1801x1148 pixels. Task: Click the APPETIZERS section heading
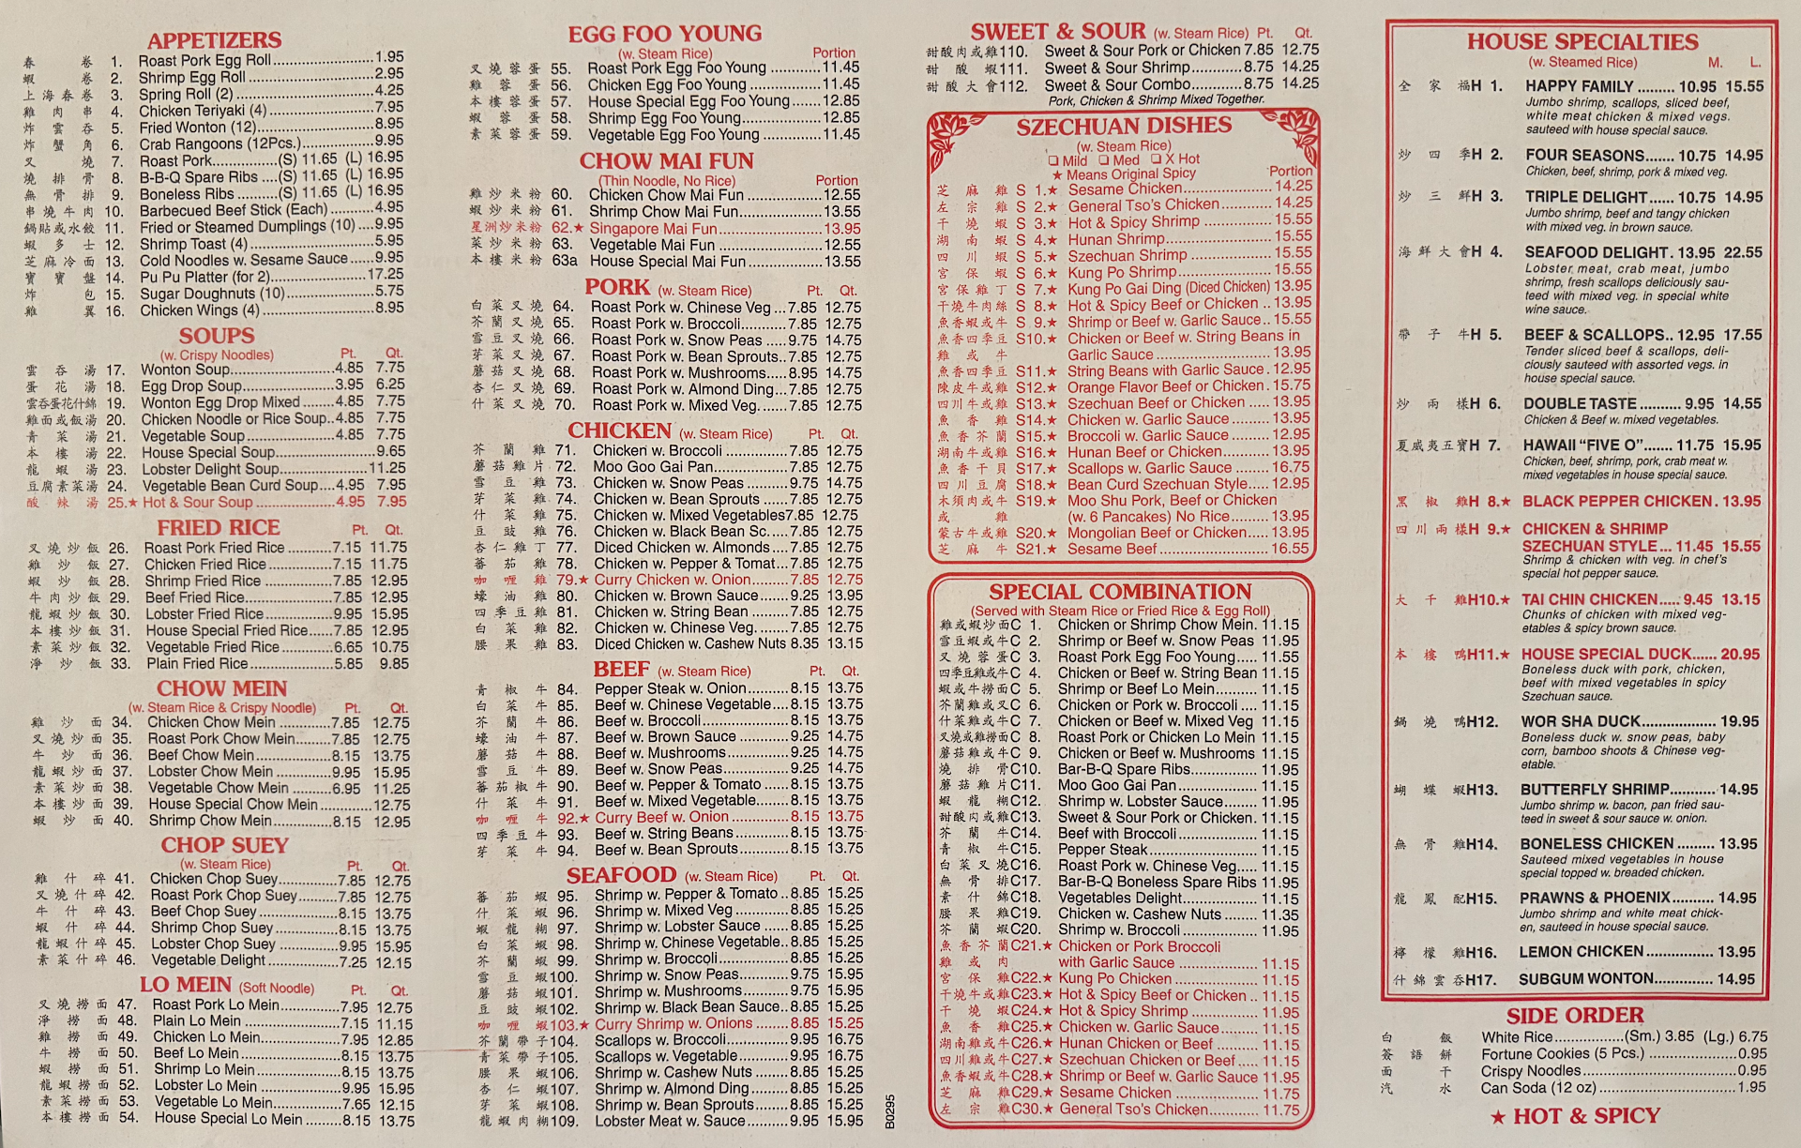pos(214,40)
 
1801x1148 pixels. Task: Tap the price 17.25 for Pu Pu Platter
pos(386,275)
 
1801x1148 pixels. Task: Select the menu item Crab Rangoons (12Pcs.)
pos(219,143)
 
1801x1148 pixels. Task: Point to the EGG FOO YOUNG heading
pos(664,34)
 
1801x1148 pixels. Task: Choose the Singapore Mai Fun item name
pos(653,228)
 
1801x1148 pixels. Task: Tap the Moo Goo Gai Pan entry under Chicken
pos(653,466)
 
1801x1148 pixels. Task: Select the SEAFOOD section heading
pos(621,875)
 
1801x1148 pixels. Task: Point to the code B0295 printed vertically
pos(890,1110)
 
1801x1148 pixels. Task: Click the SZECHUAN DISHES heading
pos(1124,126)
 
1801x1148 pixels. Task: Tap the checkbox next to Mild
pos(1054,160)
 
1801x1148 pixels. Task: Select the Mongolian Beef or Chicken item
pos(1158,532)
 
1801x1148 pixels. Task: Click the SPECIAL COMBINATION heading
pos(1120,592)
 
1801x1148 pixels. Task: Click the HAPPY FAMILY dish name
pos(1579,86)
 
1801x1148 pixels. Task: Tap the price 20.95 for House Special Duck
pos(1740,654)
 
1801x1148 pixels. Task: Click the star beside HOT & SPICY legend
pos(1498,1117)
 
